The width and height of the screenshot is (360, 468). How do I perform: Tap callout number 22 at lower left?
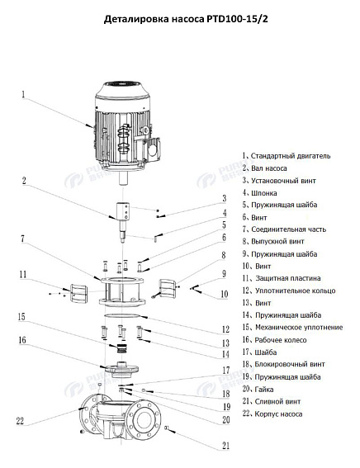click(21, 422)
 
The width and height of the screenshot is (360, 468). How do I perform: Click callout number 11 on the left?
click(24, 274)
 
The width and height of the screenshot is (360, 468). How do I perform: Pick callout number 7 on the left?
click(24, 239)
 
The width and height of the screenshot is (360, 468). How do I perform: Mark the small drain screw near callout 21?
click(168, 428)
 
